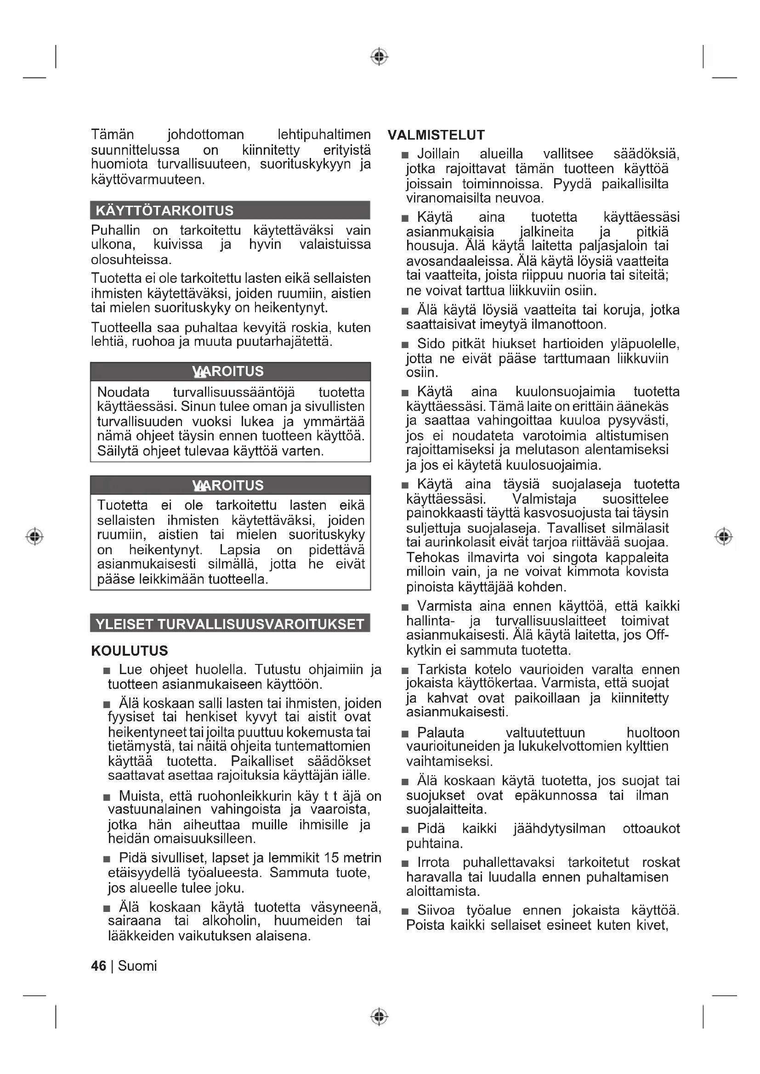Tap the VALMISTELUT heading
pos(436,135)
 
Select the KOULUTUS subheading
pos(129,651)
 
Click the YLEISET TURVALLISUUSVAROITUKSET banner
pos(230,624)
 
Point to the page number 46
pos(99,966)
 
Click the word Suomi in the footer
pos(137,966)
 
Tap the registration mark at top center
pos(380,56)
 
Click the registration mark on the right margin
pos(724,536)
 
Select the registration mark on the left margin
pos(34,536)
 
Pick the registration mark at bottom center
pos(380,1017)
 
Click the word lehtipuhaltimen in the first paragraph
pos(324,135)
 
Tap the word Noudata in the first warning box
pos(123,392)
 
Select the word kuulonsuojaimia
pos(565,392)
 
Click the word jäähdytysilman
pos(559,828)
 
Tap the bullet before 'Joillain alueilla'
pos(405,155)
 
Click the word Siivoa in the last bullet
pos(436,910)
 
